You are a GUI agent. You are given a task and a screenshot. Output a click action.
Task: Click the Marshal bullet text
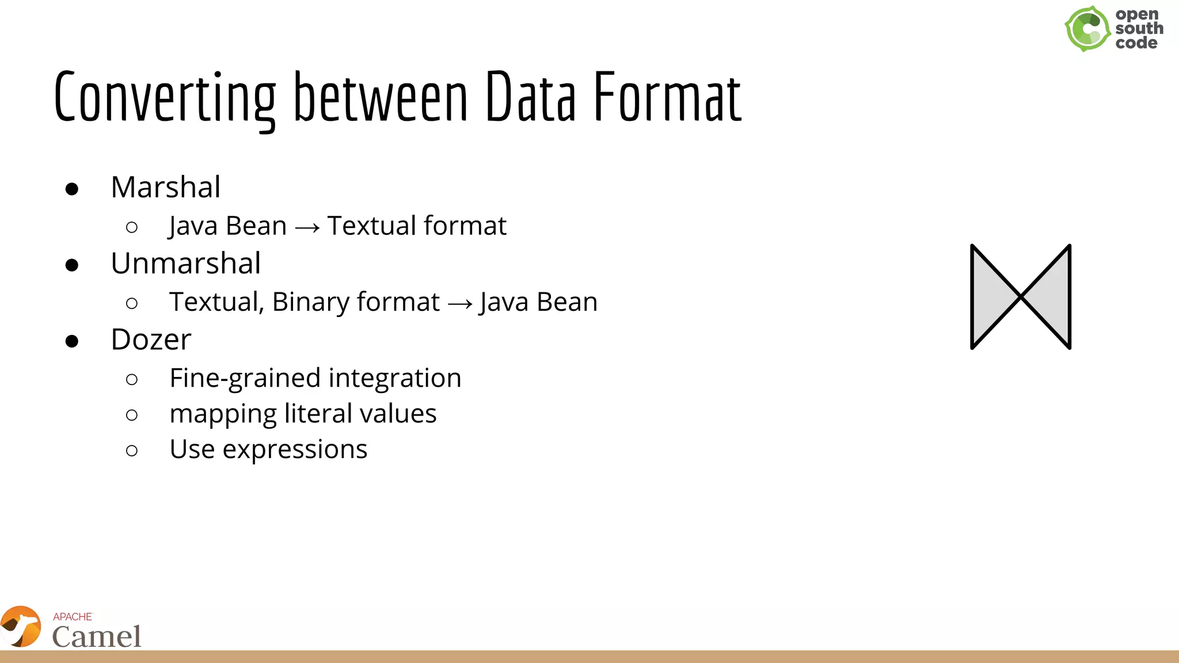165,187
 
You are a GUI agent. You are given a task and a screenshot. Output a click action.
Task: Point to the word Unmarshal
185,264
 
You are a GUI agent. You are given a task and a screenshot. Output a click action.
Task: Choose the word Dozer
151,340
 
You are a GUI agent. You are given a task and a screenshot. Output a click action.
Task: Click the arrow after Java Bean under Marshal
307,227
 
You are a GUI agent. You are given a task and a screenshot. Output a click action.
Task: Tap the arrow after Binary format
459,303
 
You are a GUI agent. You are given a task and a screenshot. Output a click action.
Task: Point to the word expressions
295,450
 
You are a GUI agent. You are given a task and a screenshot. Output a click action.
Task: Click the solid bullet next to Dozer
72,341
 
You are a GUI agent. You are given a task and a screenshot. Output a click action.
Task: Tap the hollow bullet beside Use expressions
132,450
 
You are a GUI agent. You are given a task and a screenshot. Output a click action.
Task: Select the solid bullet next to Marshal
72,189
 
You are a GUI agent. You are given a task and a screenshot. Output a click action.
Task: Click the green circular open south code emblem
1087,29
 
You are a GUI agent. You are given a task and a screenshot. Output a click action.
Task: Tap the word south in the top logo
1139,28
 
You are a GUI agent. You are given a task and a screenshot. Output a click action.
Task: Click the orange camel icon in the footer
21,627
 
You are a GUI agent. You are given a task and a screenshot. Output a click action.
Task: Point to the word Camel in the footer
97,637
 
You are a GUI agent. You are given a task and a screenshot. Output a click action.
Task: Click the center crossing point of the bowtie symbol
1021,296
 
